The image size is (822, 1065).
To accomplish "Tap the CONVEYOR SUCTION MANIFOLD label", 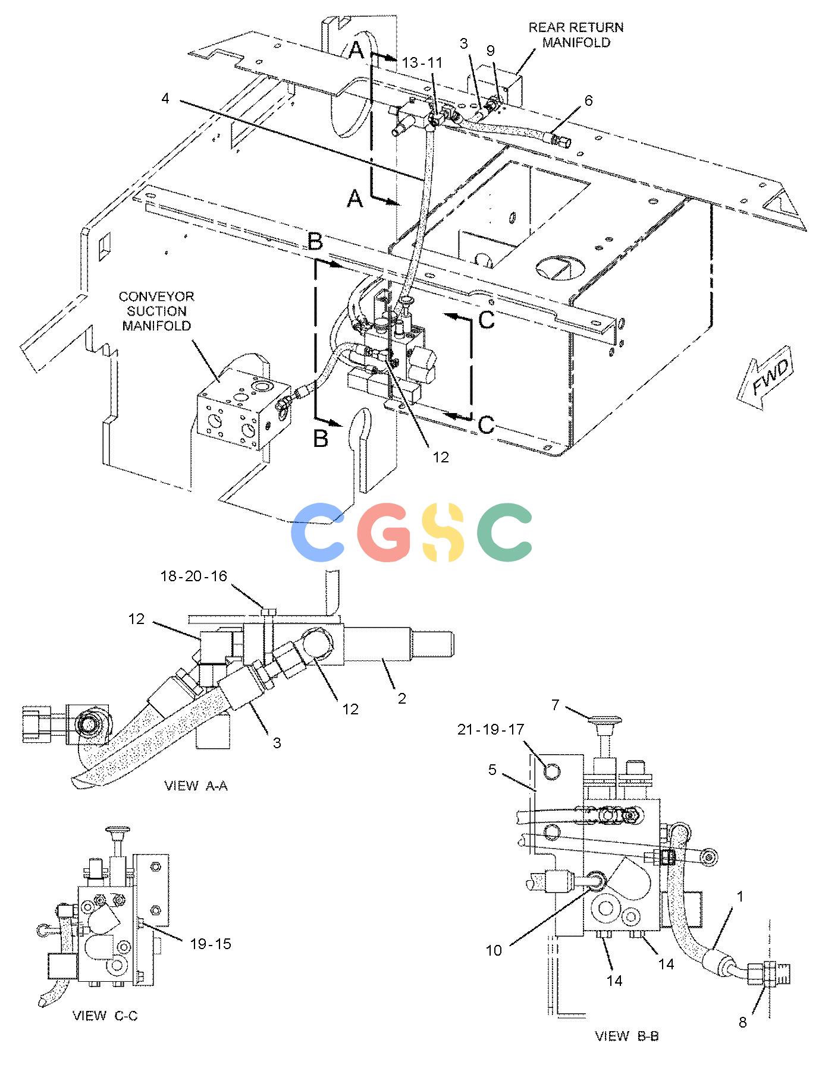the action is pos(156,311).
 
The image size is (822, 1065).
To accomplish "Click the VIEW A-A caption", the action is pos(196,786).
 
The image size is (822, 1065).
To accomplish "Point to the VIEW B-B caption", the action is pos(627,1036).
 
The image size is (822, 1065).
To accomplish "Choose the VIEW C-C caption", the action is pos(105,1016).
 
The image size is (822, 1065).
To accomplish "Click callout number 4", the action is pos(165,98).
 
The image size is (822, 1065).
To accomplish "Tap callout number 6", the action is pos(588,100).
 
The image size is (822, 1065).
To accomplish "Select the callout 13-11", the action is pos(422,63).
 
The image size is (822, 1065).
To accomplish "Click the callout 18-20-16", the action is pos(193,576).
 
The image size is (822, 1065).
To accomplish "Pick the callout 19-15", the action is pos(210,943).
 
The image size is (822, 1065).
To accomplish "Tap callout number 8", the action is pos(743,1023).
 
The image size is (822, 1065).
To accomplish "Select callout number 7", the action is pos(556,705).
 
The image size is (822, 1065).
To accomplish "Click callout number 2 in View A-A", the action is pos(402,698).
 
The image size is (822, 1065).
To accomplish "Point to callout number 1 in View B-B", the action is pos(740,897).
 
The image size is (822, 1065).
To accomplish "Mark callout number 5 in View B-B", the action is pos(492,770).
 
